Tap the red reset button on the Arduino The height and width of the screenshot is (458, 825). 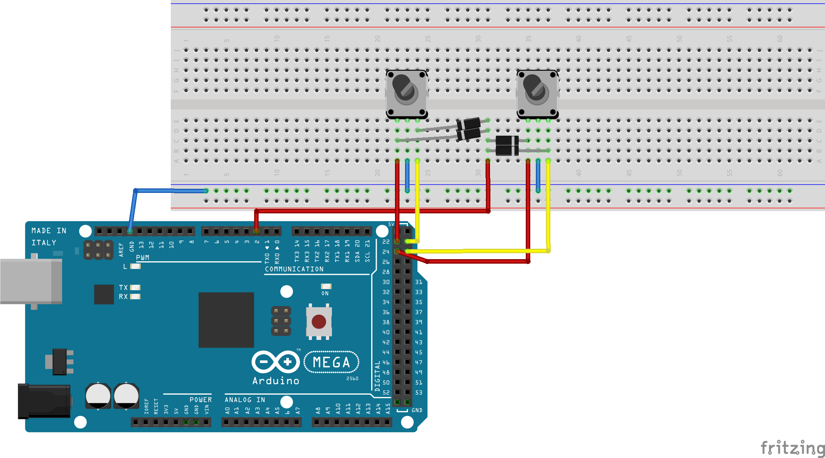[x=319, y=322]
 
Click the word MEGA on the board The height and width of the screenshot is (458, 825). [x=331, y=362]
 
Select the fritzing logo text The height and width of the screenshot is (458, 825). [x=791, y=448]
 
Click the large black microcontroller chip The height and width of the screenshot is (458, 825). [x=226, y=319]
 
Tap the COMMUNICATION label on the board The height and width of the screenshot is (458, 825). [x=294, y=269]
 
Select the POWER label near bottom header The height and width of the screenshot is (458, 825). [x=200, y=400]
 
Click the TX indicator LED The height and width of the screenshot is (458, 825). [x=135, y=287]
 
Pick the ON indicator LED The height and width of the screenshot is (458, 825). [x=326, y=286]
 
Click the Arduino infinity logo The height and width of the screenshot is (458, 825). [x=275, y=362]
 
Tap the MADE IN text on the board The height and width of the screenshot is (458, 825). [x=49, y=231]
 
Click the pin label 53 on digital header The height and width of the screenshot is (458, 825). [x=419, y=392]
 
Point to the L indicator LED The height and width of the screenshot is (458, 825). [x=135, y=266]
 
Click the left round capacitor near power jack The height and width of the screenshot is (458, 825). [x=98, y=395]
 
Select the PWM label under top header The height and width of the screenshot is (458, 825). [x=142, y=258]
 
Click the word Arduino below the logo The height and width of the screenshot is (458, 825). [x=276, y=381]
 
